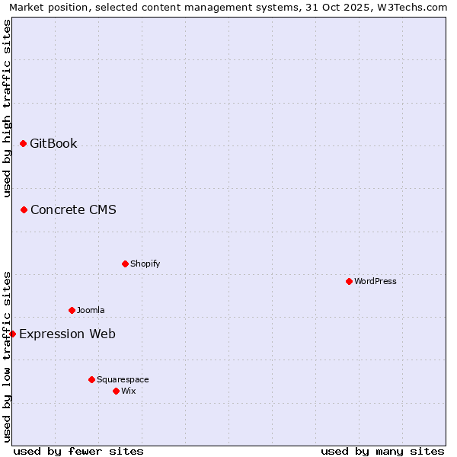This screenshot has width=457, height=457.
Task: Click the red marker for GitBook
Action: [x=23, y=143]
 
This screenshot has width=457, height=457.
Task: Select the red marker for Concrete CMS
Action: [x=24, y=209]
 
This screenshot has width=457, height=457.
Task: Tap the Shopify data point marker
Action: [x=125, y=264]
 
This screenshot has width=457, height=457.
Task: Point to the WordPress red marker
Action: [x=349, y=281]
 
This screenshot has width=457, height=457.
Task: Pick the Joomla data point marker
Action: [x=72, y=310]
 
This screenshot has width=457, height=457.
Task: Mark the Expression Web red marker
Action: [x=12, y=334]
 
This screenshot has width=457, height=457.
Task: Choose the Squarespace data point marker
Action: [x=91, y=379]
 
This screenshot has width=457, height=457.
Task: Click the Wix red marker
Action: [x=116, y=391]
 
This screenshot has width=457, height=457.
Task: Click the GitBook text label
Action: [x=53, y=143]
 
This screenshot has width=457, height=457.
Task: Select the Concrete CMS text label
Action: [x=73, y=209]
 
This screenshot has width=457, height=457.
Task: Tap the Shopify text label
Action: [x=145, y=264]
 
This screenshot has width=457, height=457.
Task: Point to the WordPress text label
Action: [x=376, y=281]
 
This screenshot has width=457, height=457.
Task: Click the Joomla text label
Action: [x=91, y=310]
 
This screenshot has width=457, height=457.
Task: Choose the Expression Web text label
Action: [x=67, y=334]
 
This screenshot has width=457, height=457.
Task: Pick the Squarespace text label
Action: [x=123, y=379]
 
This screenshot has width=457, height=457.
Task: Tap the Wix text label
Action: [x=128, y=391]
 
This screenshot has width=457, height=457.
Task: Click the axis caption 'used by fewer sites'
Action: [x=78, y=451]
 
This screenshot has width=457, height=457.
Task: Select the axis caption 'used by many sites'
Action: [x=382, y=451]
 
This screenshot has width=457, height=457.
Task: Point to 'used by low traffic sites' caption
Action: [x=8, y=356]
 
